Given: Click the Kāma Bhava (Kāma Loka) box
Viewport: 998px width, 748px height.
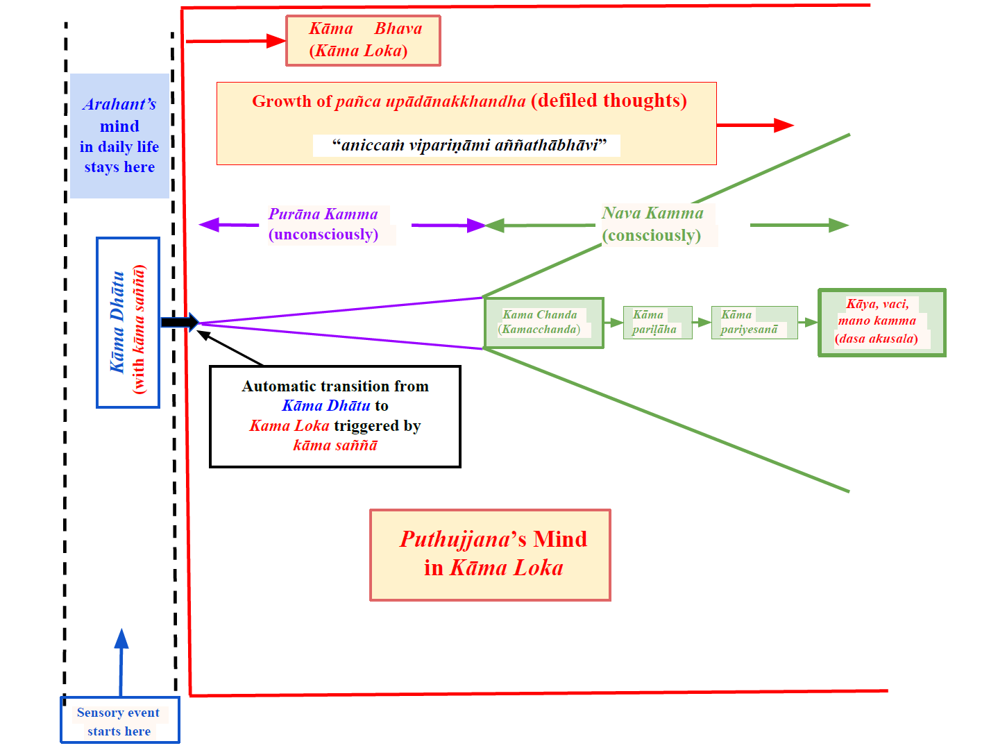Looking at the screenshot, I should (363, 41).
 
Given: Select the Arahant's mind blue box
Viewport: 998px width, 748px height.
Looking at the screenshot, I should (119, 136).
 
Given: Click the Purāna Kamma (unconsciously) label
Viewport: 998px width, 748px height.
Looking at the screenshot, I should (324, 224).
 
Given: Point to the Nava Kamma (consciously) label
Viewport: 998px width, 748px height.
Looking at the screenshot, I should (652, 224).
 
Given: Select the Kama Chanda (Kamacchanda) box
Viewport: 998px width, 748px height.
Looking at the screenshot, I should (543, 323).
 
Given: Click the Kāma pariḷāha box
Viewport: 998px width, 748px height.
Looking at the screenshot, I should (657, 323).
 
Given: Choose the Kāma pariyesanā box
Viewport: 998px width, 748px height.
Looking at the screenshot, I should (754, 323).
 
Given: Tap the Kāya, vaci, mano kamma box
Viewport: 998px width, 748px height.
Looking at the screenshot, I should (881, 323).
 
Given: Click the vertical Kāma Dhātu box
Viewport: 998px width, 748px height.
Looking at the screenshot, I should (128, 323).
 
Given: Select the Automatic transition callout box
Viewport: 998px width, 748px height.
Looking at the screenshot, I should (335, 416).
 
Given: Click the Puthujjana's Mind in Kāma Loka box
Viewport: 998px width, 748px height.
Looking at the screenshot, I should (490, 554).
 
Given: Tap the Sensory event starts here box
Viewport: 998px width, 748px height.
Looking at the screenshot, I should (119, 720).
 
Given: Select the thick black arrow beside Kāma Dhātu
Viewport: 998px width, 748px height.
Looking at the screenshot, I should (179, 322).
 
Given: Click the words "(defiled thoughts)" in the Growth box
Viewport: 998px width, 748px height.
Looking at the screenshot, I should (609, 101).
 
